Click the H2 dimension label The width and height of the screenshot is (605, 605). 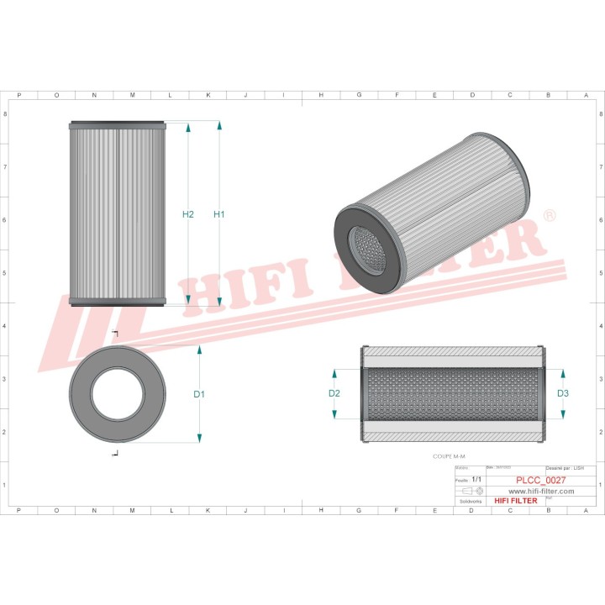[188, 215]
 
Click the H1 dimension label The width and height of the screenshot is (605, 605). [219, 215]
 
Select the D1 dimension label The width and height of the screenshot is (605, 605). [199, 394]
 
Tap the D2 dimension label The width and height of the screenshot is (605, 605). [334, 393]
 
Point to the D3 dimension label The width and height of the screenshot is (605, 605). [563, 393]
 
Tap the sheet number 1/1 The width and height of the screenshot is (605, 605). [477, 480]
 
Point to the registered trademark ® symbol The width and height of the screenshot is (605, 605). [550, 217]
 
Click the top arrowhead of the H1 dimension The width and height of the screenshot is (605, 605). [219, 125]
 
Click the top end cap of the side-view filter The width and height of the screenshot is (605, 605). [118, 124]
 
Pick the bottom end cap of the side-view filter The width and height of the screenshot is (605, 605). [118, 303]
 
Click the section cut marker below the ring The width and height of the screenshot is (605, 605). [115, 454]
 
